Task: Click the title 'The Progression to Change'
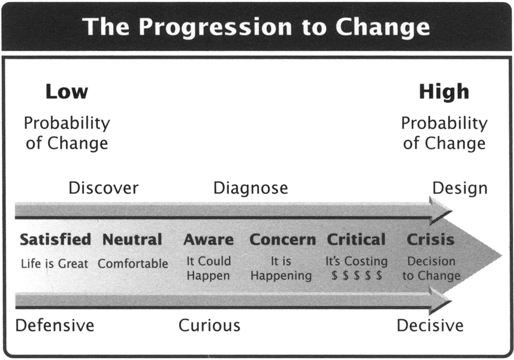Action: (256, 27)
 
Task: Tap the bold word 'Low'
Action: (67, 92)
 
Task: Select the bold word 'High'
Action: (444, 92)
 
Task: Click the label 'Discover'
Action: (104, 188)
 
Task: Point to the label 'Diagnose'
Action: (251, 188)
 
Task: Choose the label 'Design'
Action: (460, 188)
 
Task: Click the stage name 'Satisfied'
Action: (56, 239)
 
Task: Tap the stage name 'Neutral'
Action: (133, 239)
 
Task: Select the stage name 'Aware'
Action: (209, 240)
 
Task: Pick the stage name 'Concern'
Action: (283, 240)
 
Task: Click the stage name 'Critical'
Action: (356, 240)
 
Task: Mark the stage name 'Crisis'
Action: (430, 240)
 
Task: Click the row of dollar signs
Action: (357, 276)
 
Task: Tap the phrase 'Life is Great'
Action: (54, 264)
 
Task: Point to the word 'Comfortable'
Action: (133, 264)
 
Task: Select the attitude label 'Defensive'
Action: (55, 326)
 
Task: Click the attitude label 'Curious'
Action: (210, 326)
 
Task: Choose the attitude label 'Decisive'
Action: (430, 326)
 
